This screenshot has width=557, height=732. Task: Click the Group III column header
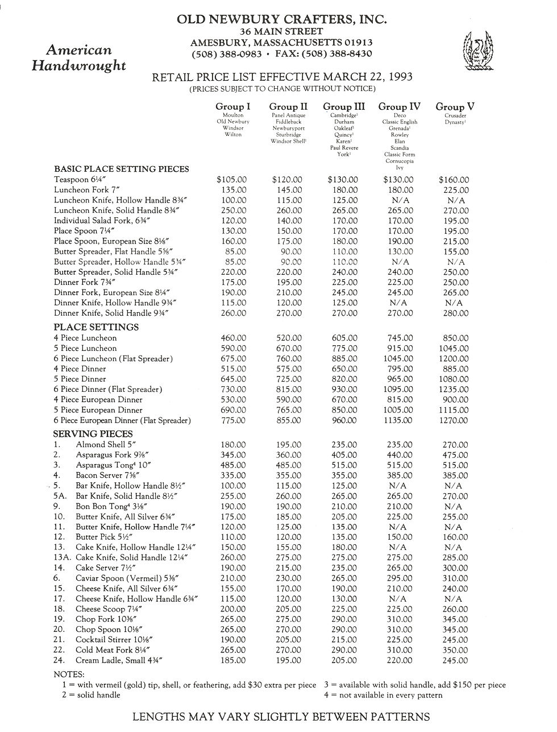(344, 106)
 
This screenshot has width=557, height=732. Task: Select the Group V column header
(455, 106)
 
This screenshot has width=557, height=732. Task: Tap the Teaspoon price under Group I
(232, 180)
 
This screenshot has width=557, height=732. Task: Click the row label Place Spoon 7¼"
(85, 231)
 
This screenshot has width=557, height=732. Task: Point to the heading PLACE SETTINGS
(96, 327)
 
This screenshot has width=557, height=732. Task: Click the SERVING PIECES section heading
(93, 434)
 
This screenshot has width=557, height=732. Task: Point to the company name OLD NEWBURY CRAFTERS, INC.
(282, 19)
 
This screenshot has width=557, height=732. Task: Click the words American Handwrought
(78, 58)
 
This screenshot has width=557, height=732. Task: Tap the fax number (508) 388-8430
(336, 54)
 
